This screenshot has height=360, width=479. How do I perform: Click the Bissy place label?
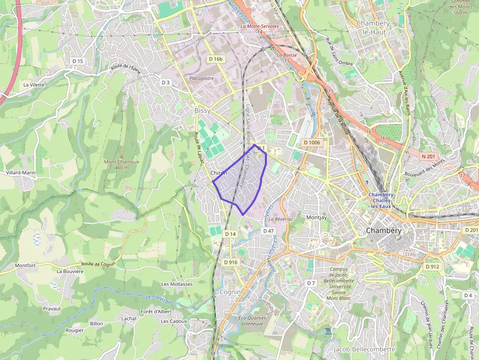[202, 111]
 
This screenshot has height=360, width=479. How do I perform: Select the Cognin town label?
[230, 292]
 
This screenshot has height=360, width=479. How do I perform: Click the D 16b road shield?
[216, 59]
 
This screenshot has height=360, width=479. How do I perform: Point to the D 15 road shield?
[78, 61]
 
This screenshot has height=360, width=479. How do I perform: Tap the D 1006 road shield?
[311, 143]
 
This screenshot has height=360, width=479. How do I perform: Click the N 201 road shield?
[428, 156]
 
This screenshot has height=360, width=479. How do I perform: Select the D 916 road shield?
[231, 262]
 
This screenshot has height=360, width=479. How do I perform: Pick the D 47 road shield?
[268, 231]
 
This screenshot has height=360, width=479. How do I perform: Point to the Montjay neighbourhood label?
[316, 217]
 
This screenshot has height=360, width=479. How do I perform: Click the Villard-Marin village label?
[21, 173]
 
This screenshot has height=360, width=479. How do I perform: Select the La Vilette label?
[34, 85]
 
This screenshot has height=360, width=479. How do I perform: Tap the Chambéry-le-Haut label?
[371, 27]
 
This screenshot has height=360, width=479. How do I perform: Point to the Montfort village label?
[25, 266]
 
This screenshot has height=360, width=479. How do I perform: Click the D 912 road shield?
[432, 267]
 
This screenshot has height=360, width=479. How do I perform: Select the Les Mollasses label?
[177, 284]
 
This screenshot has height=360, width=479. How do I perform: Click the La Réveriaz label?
[281, 219]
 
